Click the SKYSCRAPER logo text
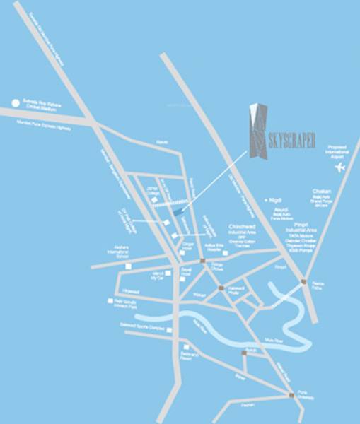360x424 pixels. pyautogui.click(x=291, y=139)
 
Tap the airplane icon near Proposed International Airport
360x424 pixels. pyautogui.click(x=339, y=168)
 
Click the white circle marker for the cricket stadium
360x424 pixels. pyautogui.click(x=15, y=103)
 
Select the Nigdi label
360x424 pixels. pyautogui.click(x=274, y=201)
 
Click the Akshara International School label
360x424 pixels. pyautogui.click(x=116, y=254)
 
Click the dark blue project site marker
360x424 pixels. pyautogui.click(x=178, y=211)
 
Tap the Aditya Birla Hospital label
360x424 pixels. pyautogui.click(x=214, y=247)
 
